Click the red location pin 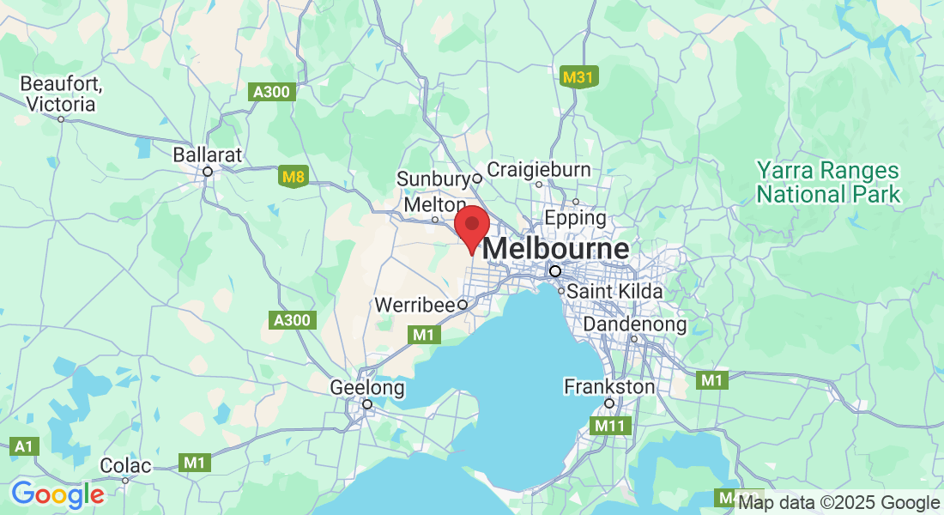(471, 225)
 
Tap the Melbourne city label (556, 250)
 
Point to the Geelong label (367, 388)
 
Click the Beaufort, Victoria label (61, 94)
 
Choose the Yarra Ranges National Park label (828, 182)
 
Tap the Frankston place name (608, 387)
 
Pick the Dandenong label (635, 324)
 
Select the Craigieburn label (539, 170)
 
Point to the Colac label (125, 466)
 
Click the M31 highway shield (578, 77)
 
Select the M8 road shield (293, 179)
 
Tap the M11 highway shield (611, 425)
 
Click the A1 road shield (27, 446)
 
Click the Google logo (57, 495)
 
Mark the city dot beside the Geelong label (366, 403)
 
